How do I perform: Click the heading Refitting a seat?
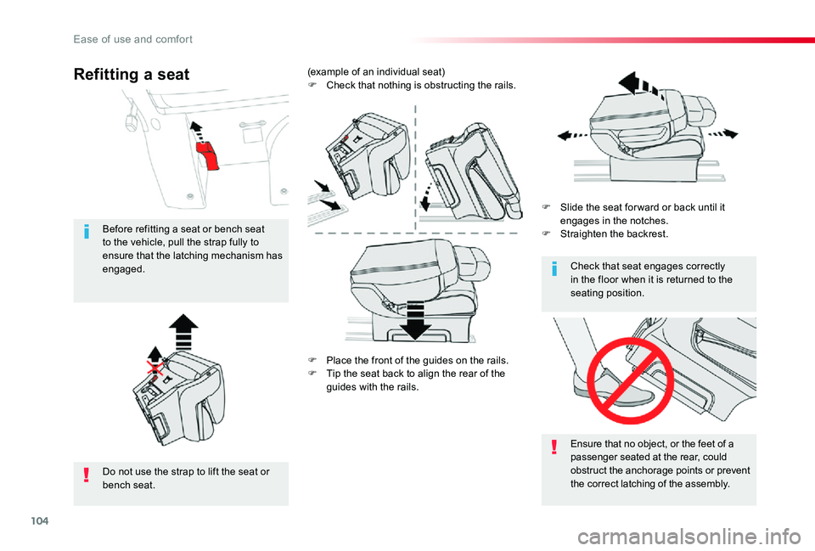132,75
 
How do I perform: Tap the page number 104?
40,520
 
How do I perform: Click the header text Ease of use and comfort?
133,40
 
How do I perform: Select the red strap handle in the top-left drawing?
207,155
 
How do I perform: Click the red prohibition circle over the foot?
630,380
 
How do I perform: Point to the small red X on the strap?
155,368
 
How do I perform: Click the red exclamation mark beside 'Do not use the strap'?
87,475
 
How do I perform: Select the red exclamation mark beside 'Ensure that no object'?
554,447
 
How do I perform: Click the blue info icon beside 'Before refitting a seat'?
87,231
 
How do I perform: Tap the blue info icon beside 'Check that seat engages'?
554,269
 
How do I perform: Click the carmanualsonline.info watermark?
689,537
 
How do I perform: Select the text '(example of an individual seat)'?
376,71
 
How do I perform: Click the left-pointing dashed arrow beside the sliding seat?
572,136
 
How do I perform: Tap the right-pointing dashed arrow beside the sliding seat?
723,133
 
